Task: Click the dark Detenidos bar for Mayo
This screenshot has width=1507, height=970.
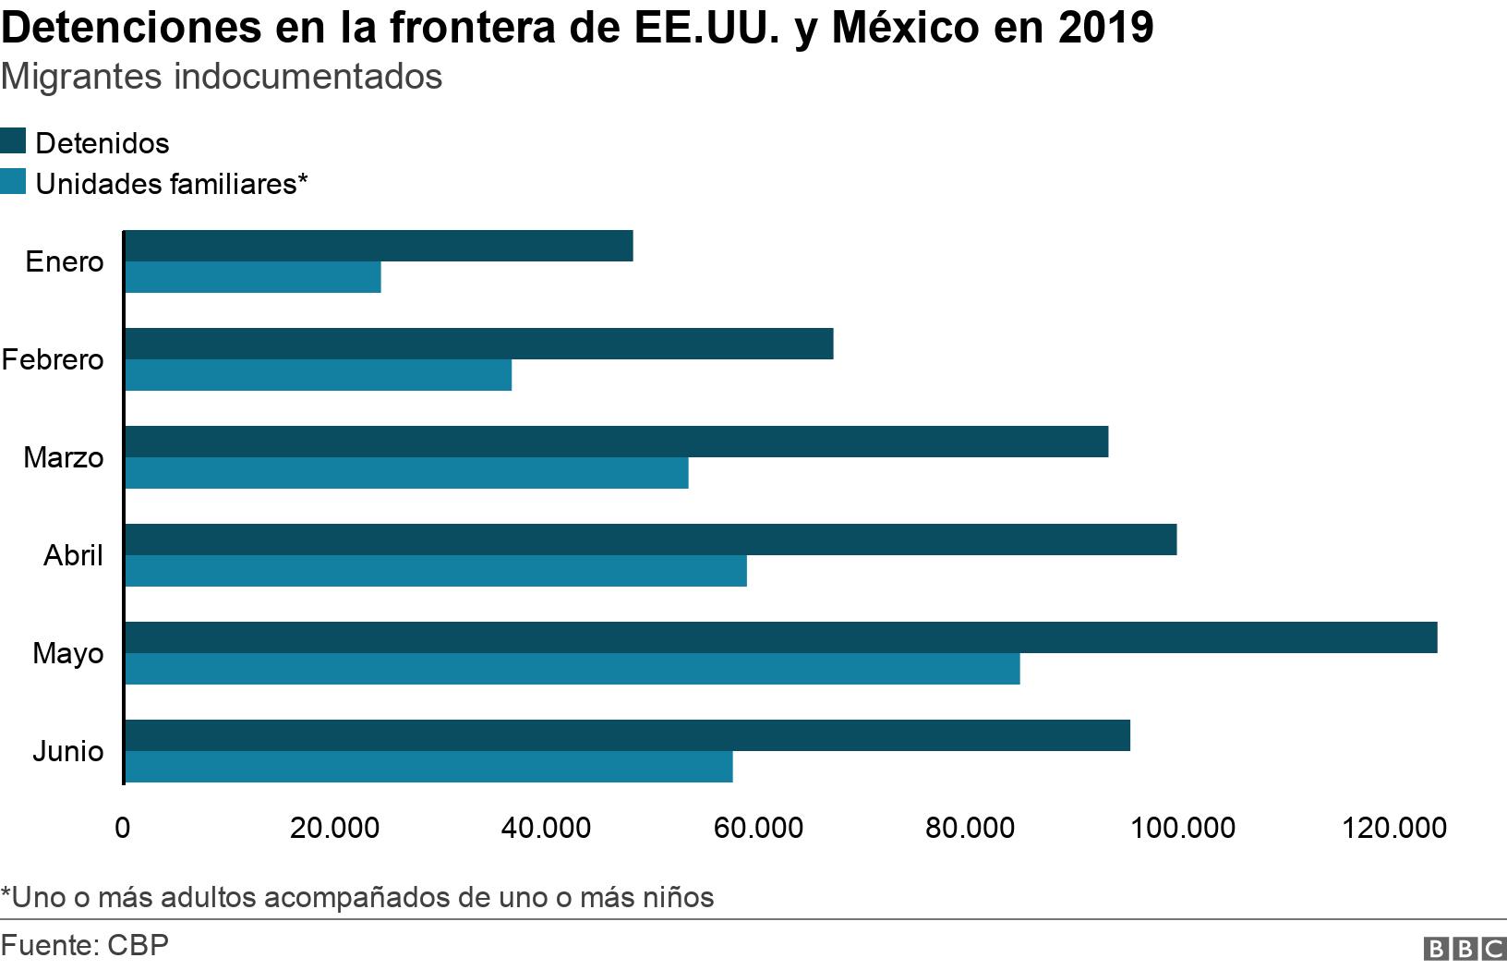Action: pos(780,637)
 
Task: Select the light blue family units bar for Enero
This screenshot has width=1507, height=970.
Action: pos(252,277)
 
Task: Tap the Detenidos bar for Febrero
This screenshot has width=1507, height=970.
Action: pos(478,344)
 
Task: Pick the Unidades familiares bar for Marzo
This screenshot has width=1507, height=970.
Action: pos(406,473)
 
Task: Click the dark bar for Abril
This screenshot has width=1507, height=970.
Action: pos(650,540)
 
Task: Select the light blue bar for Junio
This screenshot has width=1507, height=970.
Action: pos(428,767)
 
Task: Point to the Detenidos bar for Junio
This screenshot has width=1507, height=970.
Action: pos(627,735)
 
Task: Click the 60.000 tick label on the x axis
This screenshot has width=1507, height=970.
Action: pos(758,828)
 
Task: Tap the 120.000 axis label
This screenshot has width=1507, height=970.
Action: pos(1393,828)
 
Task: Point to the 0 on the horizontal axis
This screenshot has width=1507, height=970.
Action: pos(123,828)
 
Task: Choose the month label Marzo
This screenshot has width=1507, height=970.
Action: pos(64,457)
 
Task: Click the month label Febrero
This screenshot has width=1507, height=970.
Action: pos(53,359)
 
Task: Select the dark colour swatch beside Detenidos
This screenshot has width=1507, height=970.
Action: pos(14,141)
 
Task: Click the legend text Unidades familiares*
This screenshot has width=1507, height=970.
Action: pos(171,184)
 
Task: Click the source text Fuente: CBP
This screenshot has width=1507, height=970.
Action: pos(85,945)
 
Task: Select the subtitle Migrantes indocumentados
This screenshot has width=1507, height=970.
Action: pos(222,77)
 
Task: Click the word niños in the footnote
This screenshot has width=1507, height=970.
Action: pos(679,897)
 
